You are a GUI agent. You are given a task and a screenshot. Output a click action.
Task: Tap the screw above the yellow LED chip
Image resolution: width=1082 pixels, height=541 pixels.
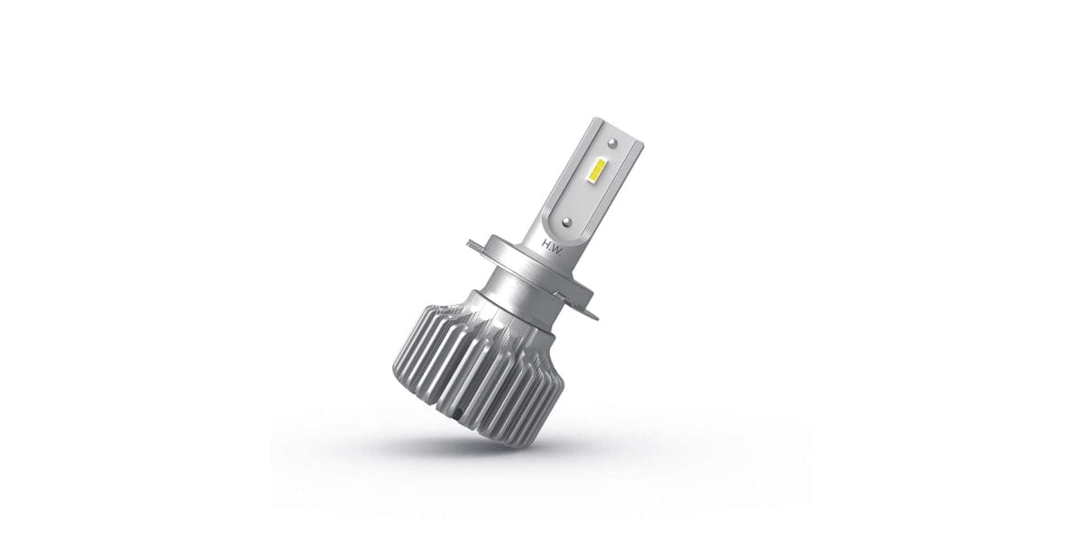613,143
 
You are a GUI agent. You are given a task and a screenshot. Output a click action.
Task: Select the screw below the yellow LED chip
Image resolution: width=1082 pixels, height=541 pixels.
565,220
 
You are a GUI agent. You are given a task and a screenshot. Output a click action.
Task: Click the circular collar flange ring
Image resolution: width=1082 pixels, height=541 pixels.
532,270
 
